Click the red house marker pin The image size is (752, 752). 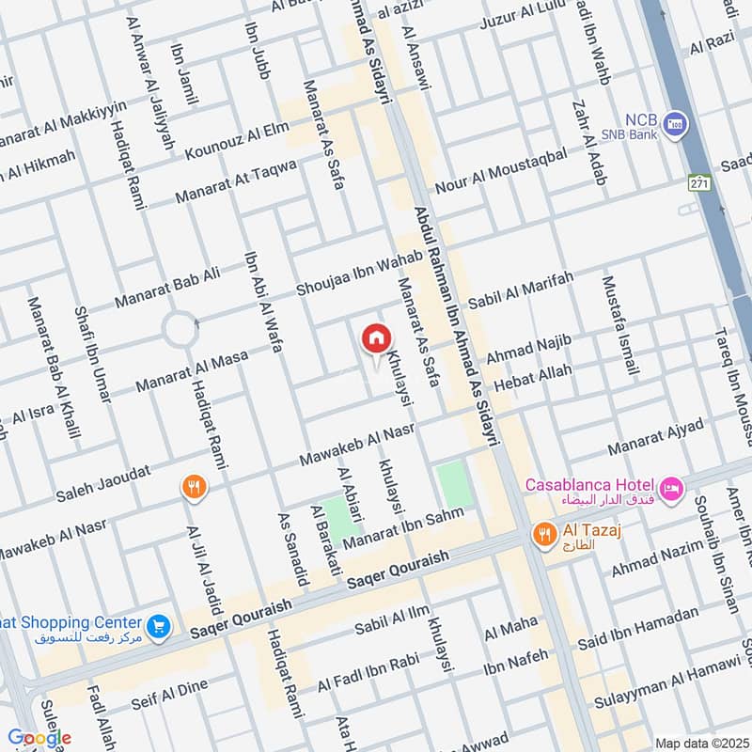coord(375,338)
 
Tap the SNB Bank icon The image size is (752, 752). coord(674,123)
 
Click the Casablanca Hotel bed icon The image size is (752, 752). coord(671,487)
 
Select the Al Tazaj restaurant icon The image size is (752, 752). coord(543,535)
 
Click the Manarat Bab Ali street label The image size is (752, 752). coord(167,287)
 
